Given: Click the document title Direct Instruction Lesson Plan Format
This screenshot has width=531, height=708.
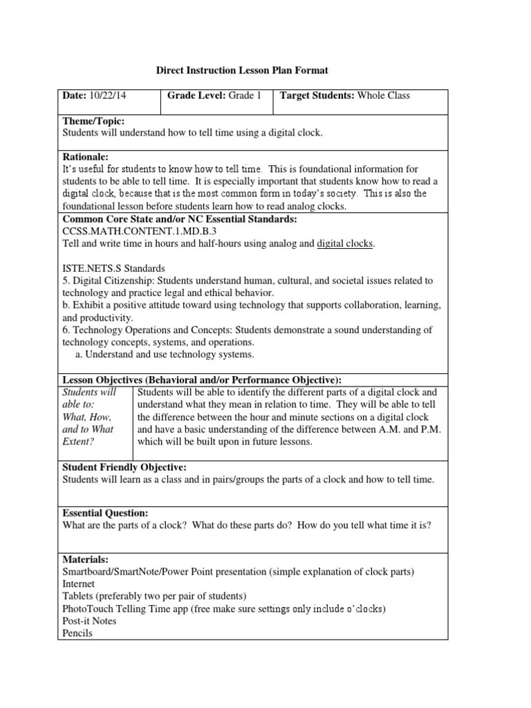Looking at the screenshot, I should click(241, 71).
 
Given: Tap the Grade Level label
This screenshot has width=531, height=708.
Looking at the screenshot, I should click(196, 95).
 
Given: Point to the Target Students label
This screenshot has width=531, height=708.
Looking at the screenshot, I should click(317, 95).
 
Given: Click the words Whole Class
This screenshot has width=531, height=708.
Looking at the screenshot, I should click(384, 95).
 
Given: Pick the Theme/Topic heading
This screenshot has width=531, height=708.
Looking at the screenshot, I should click(93, 121).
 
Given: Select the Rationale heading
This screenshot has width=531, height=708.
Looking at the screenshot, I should click(86, 157).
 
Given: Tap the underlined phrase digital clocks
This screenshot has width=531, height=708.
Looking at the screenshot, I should click(345, 244).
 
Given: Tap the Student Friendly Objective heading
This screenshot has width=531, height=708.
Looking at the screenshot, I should click(124, 467).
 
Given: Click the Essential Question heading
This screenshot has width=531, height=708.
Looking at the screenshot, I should click(105, 513).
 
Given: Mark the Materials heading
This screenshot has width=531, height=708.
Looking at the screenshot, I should click(86, 559).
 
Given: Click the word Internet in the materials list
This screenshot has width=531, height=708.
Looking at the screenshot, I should click(80, 584).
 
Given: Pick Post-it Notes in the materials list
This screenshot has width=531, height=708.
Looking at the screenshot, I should click(89, 621).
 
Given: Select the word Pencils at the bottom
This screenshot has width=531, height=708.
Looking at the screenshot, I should click(77, 633).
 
